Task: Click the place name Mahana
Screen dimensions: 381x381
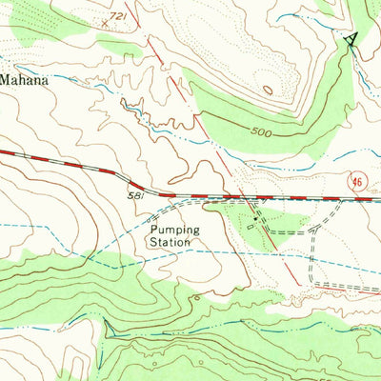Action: (x=24, y=81)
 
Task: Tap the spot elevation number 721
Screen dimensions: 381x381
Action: (x=118, y=17)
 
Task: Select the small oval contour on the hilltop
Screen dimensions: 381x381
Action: (x=269, y=90)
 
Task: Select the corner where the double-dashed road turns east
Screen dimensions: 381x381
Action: (x=314, y=283)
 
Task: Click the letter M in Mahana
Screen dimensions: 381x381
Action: (x=6, y=81)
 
